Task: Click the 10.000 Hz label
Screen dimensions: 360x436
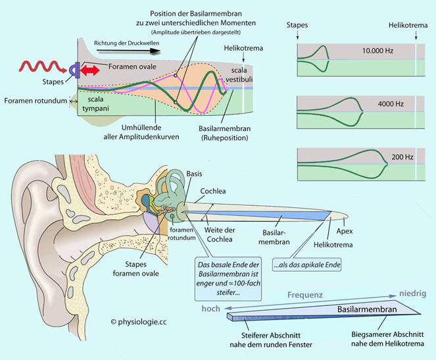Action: (376, 50)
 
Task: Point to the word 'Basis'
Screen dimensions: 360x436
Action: (195, 172)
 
